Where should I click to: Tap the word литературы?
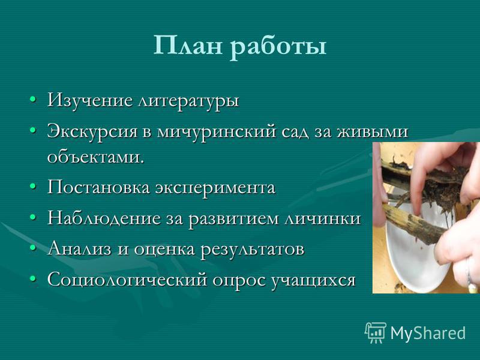pyautogui.click(x=188, y=101)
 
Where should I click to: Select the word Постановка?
pyautogui.click(x=98, y=187)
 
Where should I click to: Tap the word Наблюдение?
pyautogui.click(x=104, y=218)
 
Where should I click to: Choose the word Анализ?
pyautogui.click(x=79, y=249)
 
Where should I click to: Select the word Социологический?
pyautogui.click(x=127, y=280)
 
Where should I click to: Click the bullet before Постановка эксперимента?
pyautogui.click(x=33, y=187)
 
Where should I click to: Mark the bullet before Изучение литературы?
pyautogui.click(x=33, y=100)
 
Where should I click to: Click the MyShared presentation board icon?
pyautogui.click(x=375, y=332)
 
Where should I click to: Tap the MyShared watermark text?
pyautogui.click(x=428, y=333)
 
